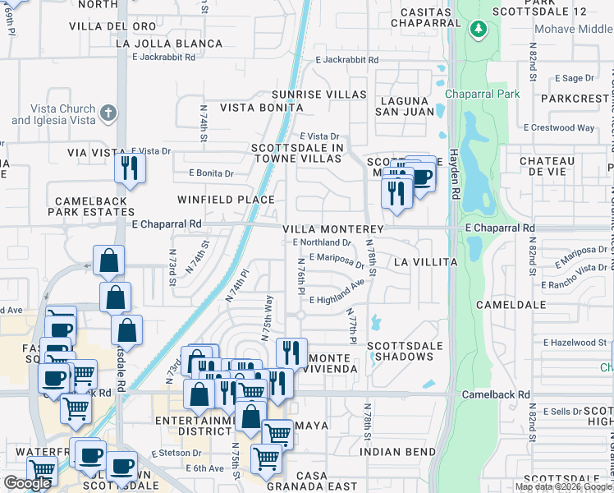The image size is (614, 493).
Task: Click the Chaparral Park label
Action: tap(483, 94)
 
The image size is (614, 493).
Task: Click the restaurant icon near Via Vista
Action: tap(130, 168)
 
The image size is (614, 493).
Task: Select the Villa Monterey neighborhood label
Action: tap(334, 229)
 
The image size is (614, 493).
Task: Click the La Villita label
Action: tap(425, 262)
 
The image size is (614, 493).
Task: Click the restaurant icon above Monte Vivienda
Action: tap(291, 353)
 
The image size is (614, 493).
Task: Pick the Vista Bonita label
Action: tap(253, 108)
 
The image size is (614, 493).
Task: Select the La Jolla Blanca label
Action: tap(170, 44)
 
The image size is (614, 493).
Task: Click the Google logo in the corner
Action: tap(27, 484)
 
